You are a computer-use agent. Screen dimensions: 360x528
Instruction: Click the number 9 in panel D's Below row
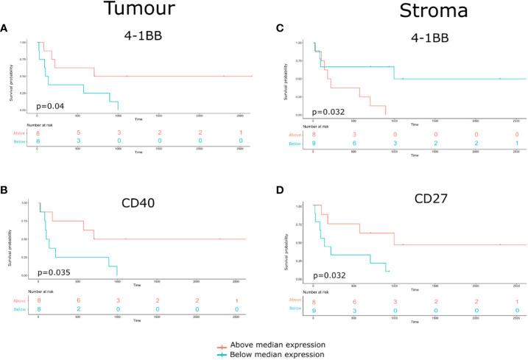(315, 311)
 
